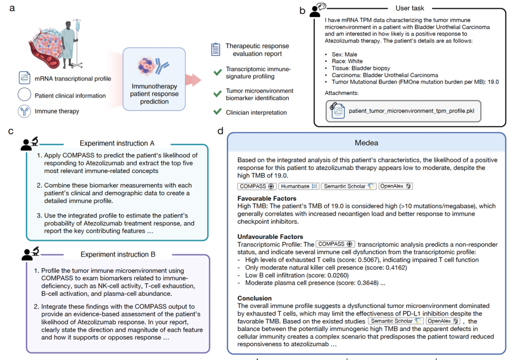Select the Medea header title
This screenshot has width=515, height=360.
(367, 143)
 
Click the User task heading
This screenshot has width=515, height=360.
(410, 8)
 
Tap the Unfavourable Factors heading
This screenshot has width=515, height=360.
(270, 237)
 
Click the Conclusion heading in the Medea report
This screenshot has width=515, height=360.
(255, 298)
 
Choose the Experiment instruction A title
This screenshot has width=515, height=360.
(117, 143)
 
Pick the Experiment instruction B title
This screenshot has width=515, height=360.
(117, 254)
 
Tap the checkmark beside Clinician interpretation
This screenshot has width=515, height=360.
(217, 112)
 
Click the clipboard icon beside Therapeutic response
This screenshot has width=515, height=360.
(216, 49)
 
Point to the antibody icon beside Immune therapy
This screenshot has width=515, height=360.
(24, 111)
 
